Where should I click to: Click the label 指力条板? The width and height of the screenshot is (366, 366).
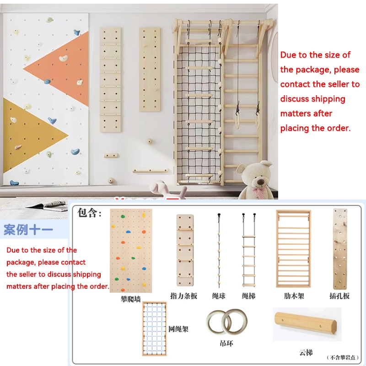point(184,296)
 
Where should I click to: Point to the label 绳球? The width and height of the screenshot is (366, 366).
point(219,296)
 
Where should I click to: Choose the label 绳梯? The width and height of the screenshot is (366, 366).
point(248,296)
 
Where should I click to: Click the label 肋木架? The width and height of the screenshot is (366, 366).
point(294,296)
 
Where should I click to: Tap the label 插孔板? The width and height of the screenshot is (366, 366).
point(339,296)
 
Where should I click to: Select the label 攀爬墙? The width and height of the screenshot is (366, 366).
point(131,299)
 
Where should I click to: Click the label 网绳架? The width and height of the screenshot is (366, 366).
point(178,329)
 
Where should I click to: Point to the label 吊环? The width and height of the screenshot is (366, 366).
point(226,344)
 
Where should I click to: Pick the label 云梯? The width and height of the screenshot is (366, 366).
point(306,352)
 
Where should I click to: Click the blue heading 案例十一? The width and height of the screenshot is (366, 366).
point(28,230)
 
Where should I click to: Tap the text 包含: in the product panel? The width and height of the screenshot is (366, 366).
point(89,213)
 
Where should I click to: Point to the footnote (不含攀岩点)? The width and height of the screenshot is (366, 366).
point(343,357)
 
